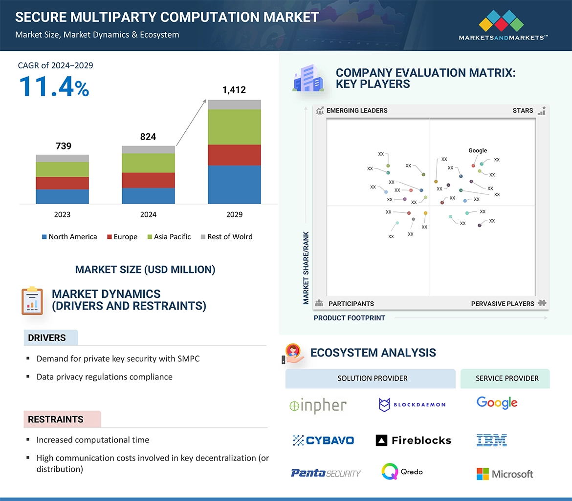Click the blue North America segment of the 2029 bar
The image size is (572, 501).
[x=234, y=185]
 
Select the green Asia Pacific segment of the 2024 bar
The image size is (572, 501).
[x=148, y=163]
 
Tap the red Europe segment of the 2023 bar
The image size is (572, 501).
[x=62, y=183]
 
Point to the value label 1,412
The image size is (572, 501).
[x=234, y=90]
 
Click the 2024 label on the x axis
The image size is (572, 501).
[x=148, y=214]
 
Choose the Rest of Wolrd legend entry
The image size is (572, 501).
[x=226, y=237]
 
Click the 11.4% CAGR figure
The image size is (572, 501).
[x=54, y=87]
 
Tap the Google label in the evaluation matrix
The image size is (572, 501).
[x=478, y=150]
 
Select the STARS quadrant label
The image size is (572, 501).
[x=523, y=111]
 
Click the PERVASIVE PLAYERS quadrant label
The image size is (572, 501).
[x=503, y=304]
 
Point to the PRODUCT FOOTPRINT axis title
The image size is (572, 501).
[x=350, y=318]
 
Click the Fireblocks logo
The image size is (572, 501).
[x=414, y=440]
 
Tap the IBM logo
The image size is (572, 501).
[x=492, y=440]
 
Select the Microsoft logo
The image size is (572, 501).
[x=505, y=474]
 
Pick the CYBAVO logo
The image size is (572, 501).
[x=323, y=440]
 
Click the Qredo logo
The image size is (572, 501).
[x=402, y=472]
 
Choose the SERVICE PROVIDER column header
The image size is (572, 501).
[x=507, y=378]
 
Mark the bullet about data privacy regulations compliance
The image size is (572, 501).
[x=105, y=377]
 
